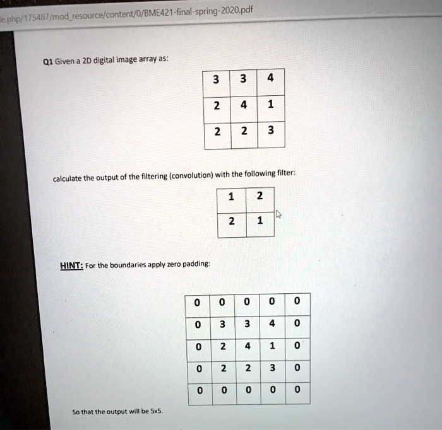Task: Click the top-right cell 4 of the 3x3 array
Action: [x=271, y=80]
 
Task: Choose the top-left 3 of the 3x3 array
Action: [x=217, y=80]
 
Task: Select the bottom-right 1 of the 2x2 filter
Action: [x=260, y=222]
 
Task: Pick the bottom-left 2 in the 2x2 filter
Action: [x=231, y=222]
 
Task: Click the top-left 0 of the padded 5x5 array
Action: [x=198, y=303]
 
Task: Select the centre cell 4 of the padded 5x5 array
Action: [x=247, y=346]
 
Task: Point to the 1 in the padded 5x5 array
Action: [x=272, y=346]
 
